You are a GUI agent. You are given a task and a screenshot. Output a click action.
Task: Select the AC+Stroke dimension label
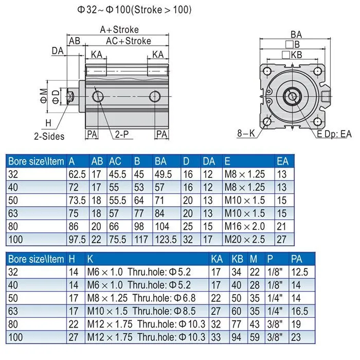[x=128, y=41]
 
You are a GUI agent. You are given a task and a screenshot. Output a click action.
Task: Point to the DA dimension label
[x=57, y=50]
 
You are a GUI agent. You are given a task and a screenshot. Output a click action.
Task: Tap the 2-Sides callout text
[x=49, y=136]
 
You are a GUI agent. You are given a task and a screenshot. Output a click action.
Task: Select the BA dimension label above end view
[x=296, y=34]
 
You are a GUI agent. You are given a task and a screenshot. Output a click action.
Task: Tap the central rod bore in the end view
[x=293, y=96]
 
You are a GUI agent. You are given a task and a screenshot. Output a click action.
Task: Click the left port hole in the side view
[x=97, y=97]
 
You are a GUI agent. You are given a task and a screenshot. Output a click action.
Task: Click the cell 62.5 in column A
[x=78, y=174]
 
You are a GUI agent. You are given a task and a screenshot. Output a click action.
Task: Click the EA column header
[x=283, y=161]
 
